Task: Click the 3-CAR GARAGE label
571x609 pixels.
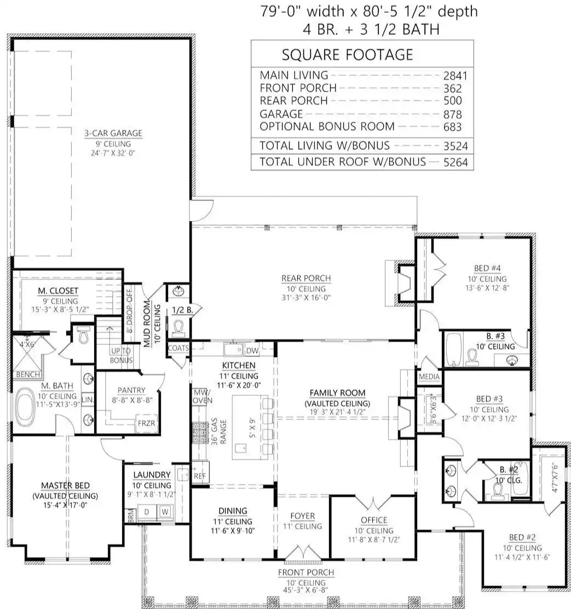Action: click(x=113, y=133)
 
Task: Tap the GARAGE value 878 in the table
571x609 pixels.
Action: click(x=453, y=115)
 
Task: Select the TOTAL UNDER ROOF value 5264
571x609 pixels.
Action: click(x=456, y=162)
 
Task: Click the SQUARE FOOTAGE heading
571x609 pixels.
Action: click(x=347, y=55)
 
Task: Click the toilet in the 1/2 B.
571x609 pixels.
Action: click(x=178, y=328)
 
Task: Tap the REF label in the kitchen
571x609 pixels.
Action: click(x=200, y=476)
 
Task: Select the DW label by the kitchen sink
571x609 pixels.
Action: click(x=252, y=351)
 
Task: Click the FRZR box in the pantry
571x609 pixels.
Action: click(x=146, y=423)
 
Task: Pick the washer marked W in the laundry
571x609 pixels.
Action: click(x=165, y=512)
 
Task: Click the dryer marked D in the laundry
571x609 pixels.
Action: click(x=147, y=512)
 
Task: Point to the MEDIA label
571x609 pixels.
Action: click(x=429, y=377)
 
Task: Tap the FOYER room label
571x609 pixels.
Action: click(x=303, y=516)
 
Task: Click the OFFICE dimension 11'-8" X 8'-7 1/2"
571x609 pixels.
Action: click(x=374, y=539)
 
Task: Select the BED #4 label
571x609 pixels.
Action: click(x=487, y=269)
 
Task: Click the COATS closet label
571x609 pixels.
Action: click(x=178, y=348)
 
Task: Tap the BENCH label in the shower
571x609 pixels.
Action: click(x=28, y=374)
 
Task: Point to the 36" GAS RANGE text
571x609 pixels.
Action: click(x=218, y=431)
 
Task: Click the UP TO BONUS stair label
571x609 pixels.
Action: click(x=122, y=355)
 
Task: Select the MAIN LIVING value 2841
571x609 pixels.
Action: click(x=455, y=76)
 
